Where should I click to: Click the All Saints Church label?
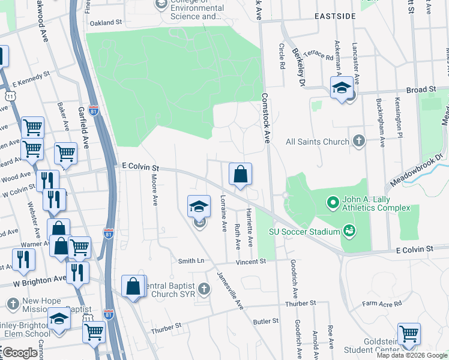coord(318,142)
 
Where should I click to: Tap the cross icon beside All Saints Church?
coord(358,142)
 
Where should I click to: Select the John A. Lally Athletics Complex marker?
coord(333,203)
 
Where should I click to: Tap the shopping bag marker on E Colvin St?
coord(240,175)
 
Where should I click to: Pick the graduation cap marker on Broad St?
coord(342,88)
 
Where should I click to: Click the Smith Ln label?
coord(191,262)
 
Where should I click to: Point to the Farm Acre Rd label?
coord(382,304)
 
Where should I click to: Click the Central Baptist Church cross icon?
coord(204,289)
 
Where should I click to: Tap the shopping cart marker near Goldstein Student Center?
coord(409,334)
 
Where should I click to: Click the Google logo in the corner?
coord(19,353)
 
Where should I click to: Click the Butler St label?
coord(265,322)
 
